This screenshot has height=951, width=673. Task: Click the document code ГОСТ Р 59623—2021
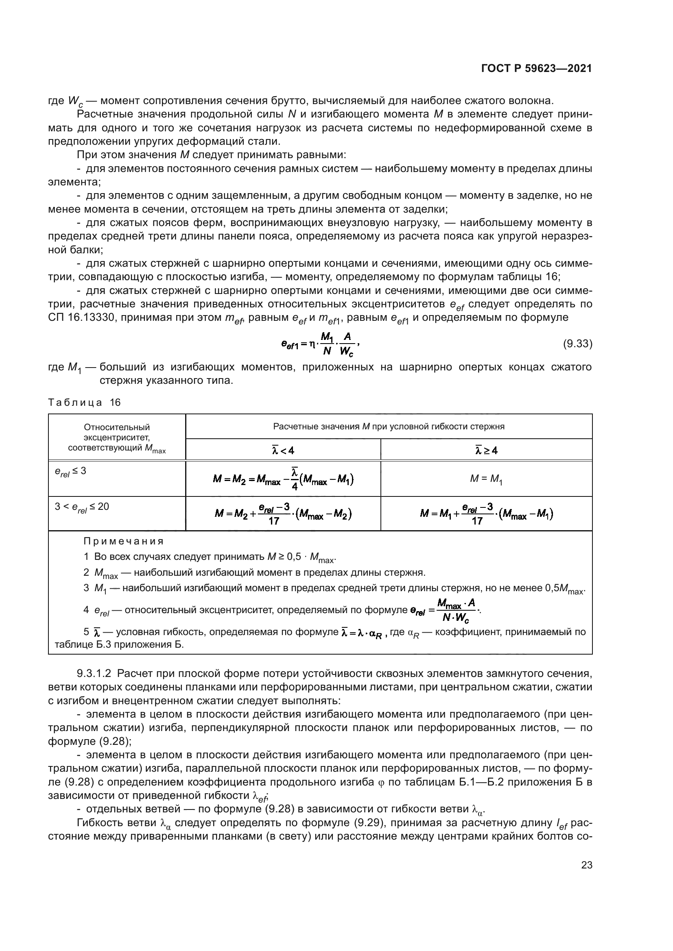pyautogui.click(x=536, y=69)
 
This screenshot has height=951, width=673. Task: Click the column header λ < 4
pyautogui.click(x=283, y=450)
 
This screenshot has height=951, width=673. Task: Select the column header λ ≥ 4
pyautogui.click(x=486, y=450)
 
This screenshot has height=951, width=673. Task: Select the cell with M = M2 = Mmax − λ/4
pyautogui.click(x=283, y=479)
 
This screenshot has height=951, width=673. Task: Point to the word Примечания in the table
pyautogui.click(x=124, y=541)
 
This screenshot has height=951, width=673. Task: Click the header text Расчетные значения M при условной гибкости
pyautogui.click(x=389, y=427)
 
